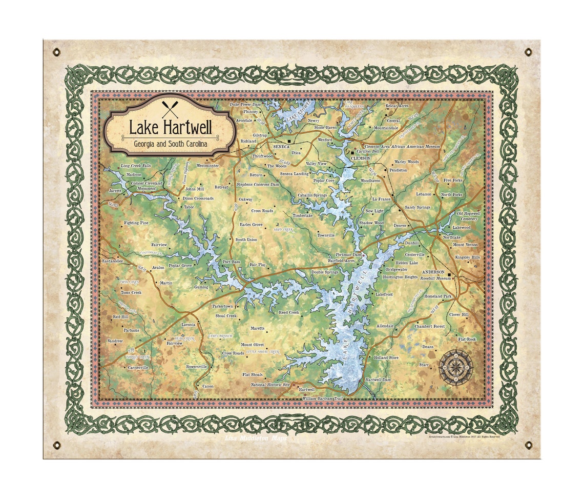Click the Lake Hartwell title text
pyautogui.click(x=170, y=128)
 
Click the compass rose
pyautogui.click(x=455, y=367)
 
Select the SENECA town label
pyautogui.click(x=281, y=146)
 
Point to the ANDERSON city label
pyautogui.click(x=433, y=272)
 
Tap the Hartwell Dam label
pyautogui.click(x=378, y=380)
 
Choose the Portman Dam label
pyautogui.click(x=348, y=254)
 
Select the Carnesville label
pyautogui.click(x=138, y=368)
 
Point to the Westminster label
pyautogui.click(x=207, y=166)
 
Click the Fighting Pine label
pyautogui.click(x=136, y=223)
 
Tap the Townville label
pyautogui.click(x=326, y=235)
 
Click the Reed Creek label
pyautogui.click(x=289, y=312)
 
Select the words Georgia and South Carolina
pyautogui.click(x=170, y=145)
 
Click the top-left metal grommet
pyautogui.click(x=56, y=52)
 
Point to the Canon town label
pyautogui.click(x=208, y=386)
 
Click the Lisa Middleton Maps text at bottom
pyautogui.click(x=257, y=438)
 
